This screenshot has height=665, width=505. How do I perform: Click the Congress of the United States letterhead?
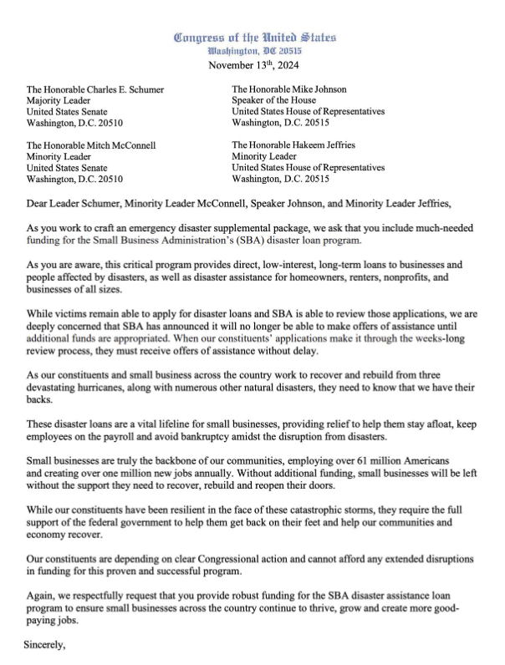click(x=254, y=37)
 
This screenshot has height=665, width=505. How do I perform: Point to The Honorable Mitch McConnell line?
click(x=91, y=145)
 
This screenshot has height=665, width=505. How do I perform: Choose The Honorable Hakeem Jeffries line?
click(x=304, y=145)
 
